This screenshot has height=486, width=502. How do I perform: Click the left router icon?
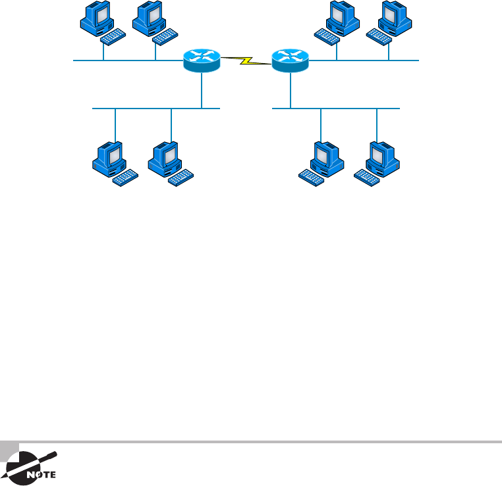[x=201, y=61]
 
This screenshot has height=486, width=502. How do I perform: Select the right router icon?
[x=289, y=61]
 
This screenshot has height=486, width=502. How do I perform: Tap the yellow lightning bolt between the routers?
[x=245, y=61]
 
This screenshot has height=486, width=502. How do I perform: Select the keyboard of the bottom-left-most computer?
[x=125, y=177]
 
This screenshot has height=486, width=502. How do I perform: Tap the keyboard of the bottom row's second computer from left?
[x=181, y=177]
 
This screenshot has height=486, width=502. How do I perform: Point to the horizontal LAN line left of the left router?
[x=125, y=61]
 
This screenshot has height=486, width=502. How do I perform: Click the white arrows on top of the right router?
[x=289, y=55]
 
